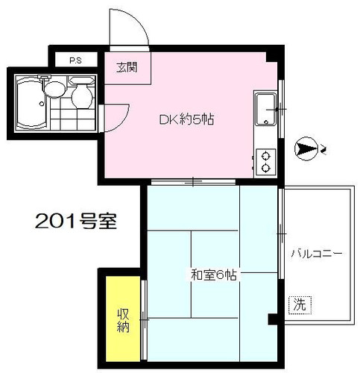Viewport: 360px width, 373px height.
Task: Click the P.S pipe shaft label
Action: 75,60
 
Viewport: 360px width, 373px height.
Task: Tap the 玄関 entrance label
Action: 127,67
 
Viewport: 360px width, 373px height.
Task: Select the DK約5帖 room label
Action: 186,119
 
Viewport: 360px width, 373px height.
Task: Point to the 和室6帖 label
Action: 214,275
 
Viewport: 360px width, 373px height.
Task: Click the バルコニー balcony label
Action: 317,254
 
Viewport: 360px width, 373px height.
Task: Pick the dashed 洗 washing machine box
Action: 300,305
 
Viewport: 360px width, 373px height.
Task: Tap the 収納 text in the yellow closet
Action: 123,320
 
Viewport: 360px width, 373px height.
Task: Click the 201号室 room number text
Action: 76,221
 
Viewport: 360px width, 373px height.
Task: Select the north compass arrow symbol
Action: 306,149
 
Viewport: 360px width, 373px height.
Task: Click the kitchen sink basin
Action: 266,109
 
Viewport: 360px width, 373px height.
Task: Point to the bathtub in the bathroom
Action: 31,102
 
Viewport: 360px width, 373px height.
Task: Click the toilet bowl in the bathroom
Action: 82,94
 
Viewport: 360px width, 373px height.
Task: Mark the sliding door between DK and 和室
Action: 193,182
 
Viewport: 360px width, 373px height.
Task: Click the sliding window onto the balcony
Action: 281,233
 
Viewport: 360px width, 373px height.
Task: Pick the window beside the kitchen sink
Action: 281,109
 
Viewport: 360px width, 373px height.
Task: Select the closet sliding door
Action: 144,319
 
